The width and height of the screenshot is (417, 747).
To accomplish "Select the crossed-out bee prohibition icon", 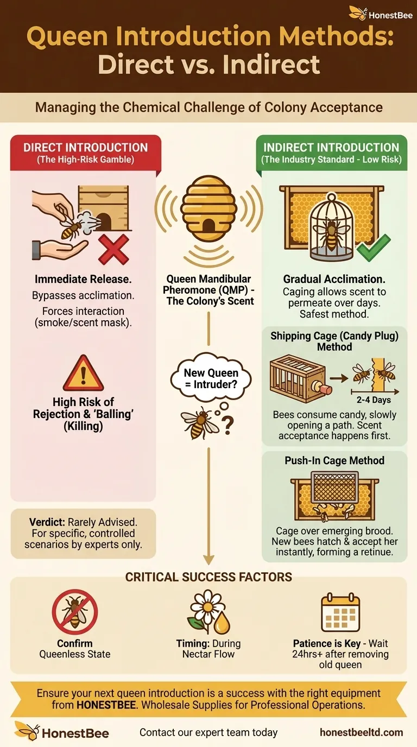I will pyautogui.click(x=74, y=612).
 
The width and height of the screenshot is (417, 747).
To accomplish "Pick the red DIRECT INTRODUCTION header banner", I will pyautogui.click(x=85, y=153).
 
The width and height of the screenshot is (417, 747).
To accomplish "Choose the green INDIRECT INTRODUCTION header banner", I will pyautogui.click(x=331, y=153).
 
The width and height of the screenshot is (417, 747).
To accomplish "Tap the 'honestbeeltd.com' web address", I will pyautogui.click(x=362, y=732).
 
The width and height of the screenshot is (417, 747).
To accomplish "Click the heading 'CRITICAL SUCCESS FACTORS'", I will pyautogui.click(x=208, y=577).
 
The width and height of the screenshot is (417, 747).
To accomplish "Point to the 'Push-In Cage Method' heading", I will pyautogui.click(x=334, y=460).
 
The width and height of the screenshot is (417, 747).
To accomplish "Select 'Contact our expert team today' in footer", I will pyautogui.click(x=208, y=732).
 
